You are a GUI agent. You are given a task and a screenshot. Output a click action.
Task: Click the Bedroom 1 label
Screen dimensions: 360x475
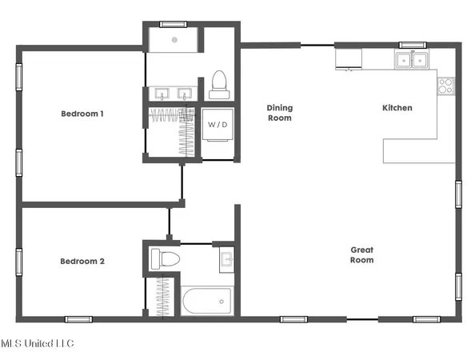pyautogui.click(x=82, y=114)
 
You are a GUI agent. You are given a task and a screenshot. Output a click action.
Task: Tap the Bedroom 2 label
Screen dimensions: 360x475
pyautogui.click(x=82, y=261)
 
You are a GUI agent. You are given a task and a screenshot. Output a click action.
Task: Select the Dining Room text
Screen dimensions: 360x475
pyautogui.click(x=280, y=113)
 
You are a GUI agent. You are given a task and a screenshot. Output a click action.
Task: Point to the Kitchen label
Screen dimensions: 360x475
pyautogui.click(x=397, y=107)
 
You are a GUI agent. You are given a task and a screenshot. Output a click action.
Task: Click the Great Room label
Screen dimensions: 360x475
pyautogui.click(x=362, y=255)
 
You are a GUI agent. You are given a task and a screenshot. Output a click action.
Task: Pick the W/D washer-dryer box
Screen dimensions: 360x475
pyautogui.click(x=217, y=126)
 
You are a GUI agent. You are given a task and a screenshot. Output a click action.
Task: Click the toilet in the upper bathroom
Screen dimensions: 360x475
pyautogui.click(x=218, y=83)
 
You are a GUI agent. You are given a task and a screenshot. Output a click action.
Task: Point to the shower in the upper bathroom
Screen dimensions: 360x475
pyautogui.click(x=171, y=41)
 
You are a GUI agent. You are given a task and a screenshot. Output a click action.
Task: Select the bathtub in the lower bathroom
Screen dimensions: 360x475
pyautogui.click(x=206, y=302)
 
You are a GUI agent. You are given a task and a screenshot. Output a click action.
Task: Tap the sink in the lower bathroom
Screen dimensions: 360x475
pyautogui.click(x=226, y=259)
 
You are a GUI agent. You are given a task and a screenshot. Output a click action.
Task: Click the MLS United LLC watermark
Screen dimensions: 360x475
pyautogui.click(x=37, y=344)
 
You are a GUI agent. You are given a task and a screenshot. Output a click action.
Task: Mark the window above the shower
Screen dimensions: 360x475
pyautogui.click(x=170, y=23)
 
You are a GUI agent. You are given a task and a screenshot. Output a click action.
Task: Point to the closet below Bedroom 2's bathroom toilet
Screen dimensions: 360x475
pyautogui.click(x=166, y=296)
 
